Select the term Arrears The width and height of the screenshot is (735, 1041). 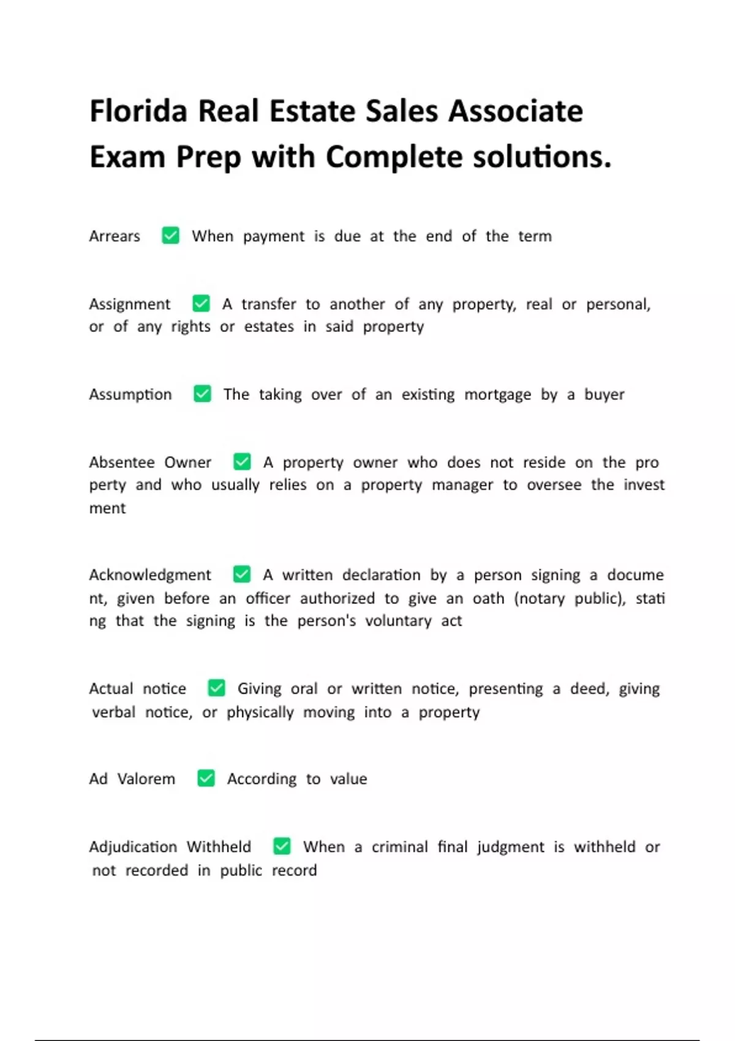click(115, 236)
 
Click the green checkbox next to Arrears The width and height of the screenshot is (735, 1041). click(170, 236)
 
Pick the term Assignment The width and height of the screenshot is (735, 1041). click(130, 304)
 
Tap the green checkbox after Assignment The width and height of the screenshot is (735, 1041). click(201, 304)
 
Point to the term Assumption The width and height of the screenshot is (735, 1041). click(130, 394)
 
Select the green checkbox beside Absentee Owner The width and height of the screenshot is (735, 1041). click(242, 462)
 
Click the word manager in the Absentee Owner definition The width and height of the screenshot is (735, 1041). click(462, 485)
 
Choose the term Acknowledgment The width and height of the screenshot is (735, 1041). click(150, 575)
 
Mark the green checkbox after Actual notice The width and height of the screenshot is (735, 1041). click(216, 688)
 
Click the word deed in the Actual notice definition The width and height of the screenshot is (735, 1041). click(589, 689)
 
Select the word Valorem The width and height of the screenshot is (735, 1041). click(146, 779)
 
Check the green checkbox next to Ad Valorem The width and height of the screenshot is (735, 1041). click(206, 778)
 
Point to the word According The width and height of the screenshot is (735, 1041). click(262, 779)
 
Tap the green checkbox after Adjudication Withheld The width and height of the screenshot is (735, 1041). click(282, 846)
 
